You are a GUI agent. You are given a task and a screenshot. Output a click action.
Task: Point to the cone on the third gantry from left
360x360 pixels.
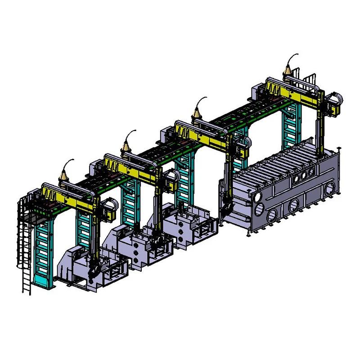(197, 112)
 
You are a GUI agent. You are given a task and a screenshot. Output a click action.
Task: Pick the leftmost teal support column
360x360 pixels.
(43, 252)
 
